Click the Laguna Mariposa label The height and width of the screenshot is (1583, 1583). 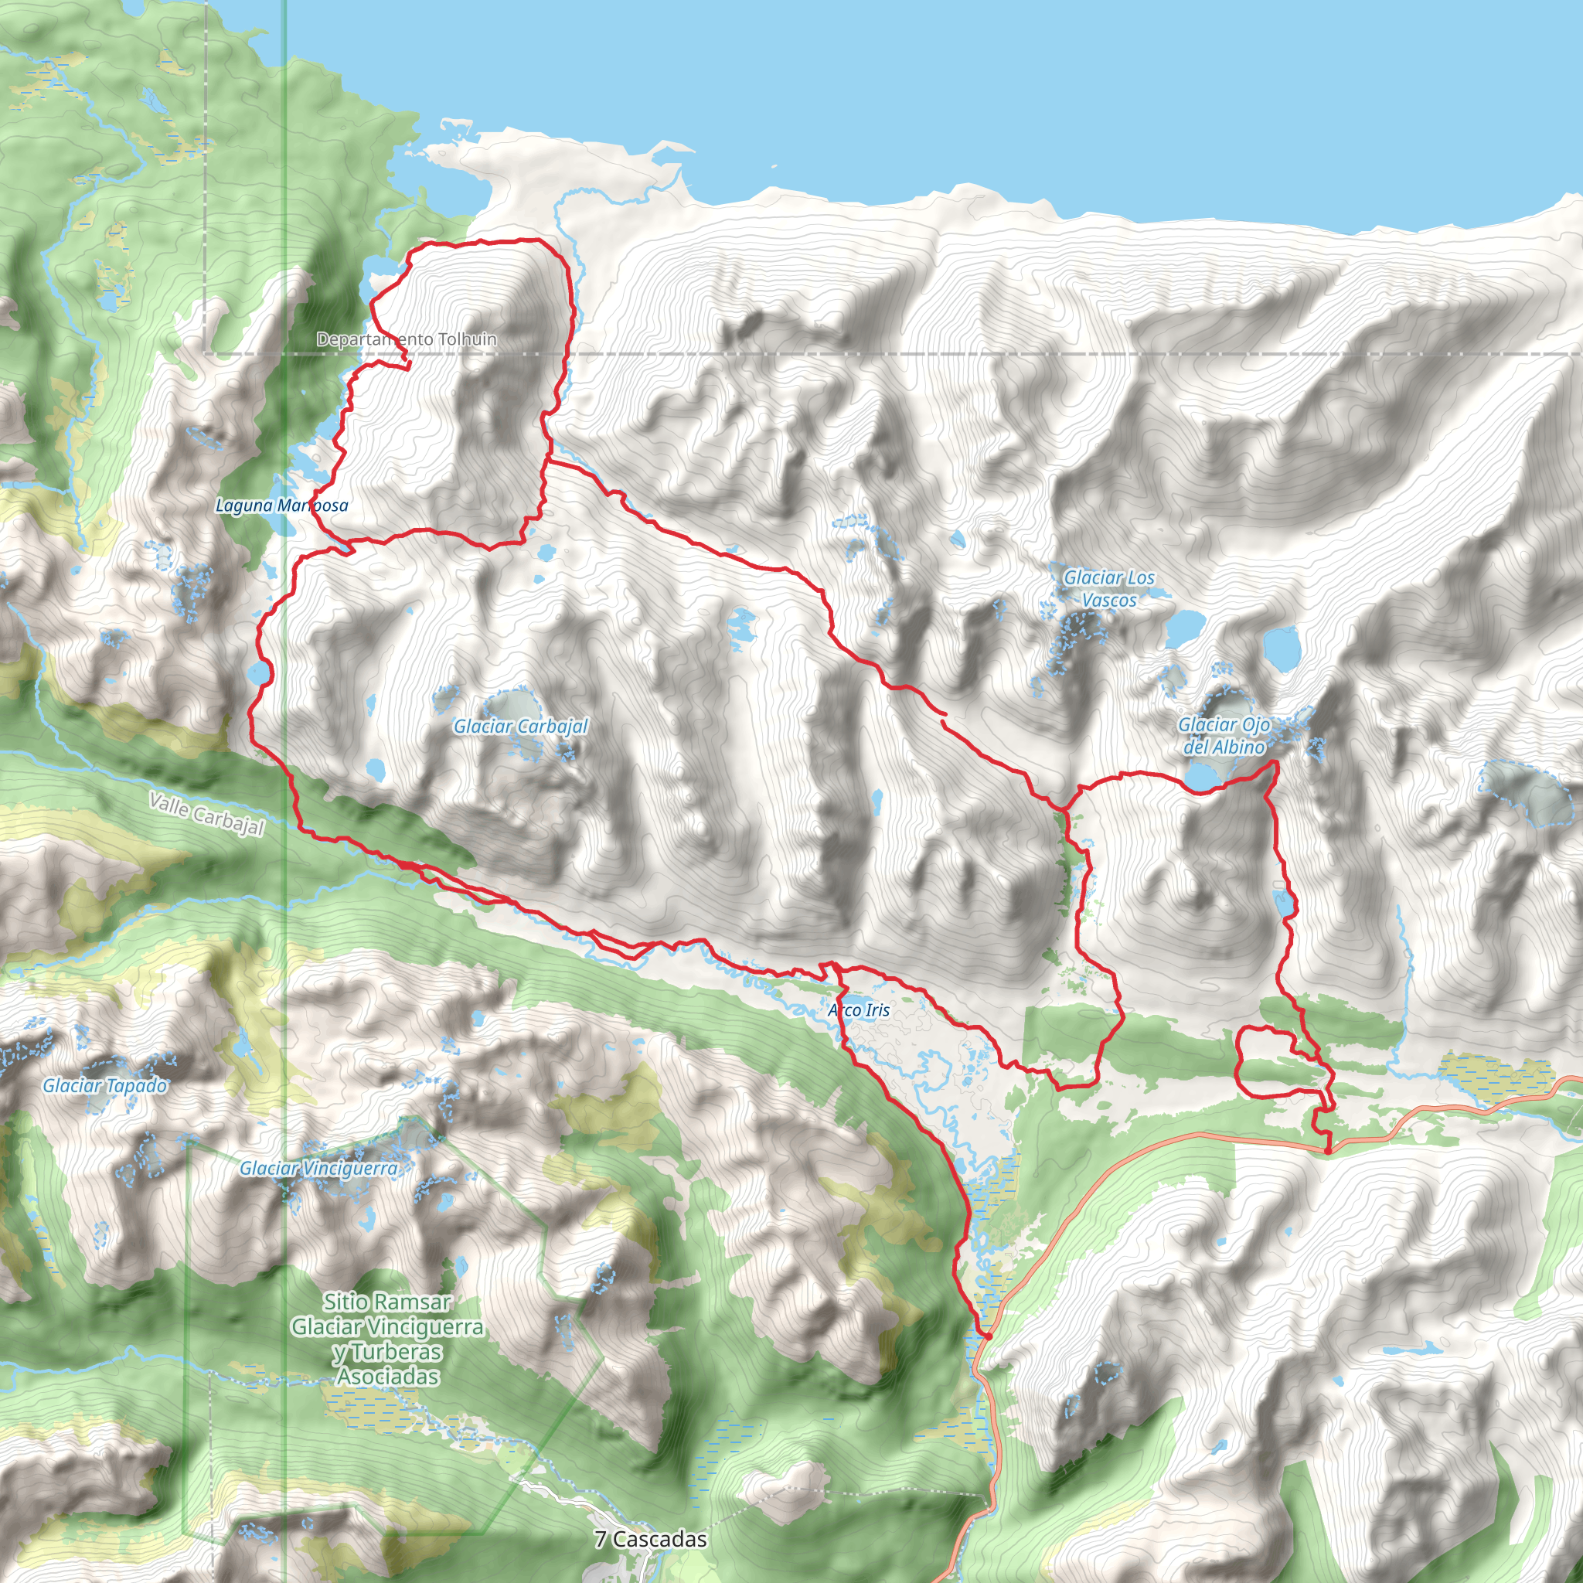[x=281, y=506]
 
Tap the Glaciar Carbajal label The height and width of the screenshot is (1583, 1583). [x=520, y=726]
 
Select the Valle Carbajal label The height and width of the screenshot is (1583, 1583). [x=206, y=814]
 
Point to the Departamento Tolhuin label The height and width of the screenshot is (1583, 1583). [x=407, y=339]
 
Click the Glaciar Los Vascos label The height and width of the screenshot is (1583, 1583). [x=1108, y=588]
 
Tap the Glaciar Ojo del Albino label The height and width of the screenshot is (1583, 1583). [x=1224, y=735]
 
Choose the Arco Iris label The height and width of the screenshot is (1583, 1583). [x=858, y=1009]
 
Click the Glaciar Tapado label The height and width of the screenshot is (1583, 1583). [x=105, y=1086]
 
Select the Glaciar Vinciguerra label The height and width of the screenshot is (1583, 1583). [x=318, y=1169]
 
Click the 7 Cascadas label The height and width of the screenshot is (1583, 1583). [x=651, y=1539]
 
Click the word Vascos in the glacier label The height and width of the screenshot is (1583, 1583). [x=1109, y=600]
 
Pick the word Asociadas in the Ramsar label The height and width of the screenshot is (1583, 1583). [x=387, y=1377]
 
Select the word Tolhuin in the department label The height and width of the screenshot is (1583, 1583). [x=467, y=339]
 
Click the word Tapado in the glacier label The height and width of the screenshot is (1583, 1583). [x=134, y=1086]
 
